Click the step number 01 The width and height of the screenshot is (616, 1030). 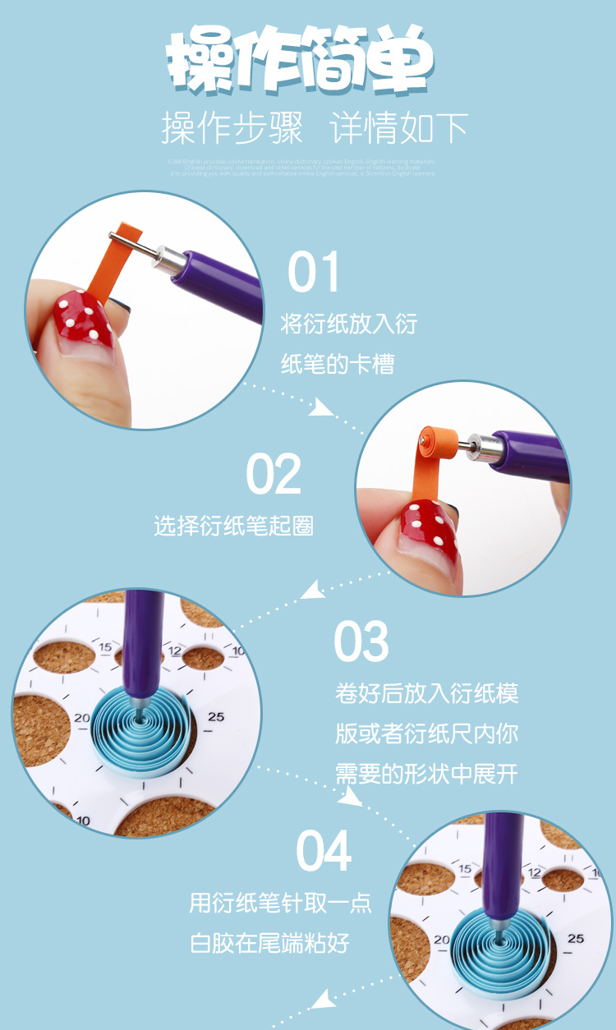point(314,273)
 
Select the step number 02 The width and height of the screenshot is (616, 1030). point(274,474)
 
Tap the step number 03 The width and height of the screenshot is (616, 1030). point(361,641)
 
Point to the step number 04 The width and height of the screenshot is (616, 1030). point(324,851)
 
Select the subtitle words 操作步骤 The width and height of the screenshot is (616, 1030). point(232,128)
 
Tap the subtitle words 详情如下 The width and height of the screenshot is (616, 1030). point(400,128)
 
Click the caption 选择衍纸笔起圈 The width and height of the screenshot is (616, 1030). point(234,526)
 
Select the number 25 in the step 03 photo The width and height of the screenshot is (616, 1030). point(215,717)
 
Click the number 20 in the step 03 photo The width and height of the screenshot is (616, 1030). point(81,718)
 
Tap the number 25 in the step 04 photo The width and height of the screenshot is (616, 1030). point(576,938)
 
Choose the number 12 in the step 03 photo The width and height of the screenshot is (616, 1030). point(175,651)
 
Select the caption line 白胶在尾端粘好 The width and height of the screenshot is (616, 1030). point(270,943)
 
